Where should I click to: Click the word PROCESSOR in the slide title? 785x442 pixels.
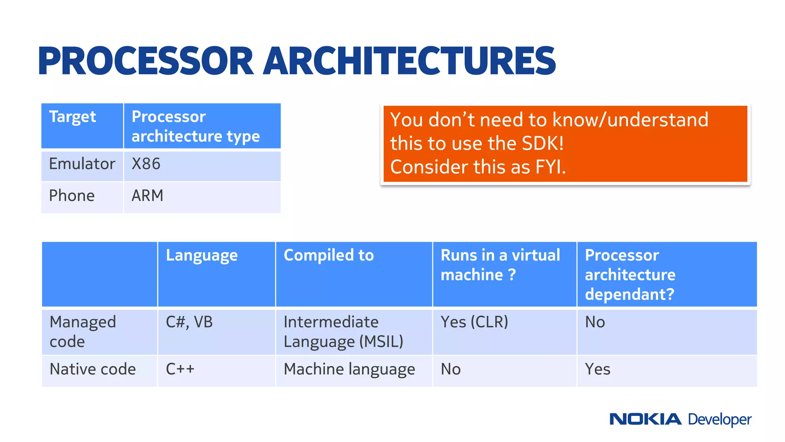146,61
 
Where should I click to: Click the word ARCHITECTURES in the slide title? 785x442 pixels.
409,61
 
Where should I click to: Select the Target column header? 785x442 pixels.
72,117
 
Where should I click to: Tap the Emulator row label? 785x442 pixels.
82,164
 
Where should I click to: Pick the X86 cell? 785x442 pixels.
146,164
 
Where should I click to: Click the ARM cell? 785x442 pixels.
148,196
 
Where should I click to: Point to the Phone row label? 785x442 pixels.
72,196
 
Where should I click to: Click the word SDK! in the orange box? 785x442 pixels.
542,143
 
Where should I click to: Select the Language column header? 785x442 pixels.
202,256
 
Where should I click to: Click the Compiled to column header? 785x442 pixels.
328,256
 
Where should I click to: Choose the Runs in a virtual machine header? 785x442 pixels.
500,265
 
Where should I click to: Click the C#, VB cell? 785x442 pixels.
189,322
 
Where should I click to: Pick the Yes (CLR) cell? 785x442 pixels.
474,322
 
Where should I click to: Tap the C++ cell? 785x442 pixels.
180,369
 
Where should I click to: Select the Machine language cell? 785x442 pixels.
349,369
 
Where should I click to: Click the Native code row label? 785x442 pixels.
93,369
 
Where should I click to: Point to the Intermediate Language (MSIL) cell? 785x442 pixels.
343,332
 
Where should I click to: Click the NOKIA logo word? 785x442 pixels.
645,419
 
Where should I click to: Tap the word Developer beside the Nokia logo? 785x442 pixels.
719,420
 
